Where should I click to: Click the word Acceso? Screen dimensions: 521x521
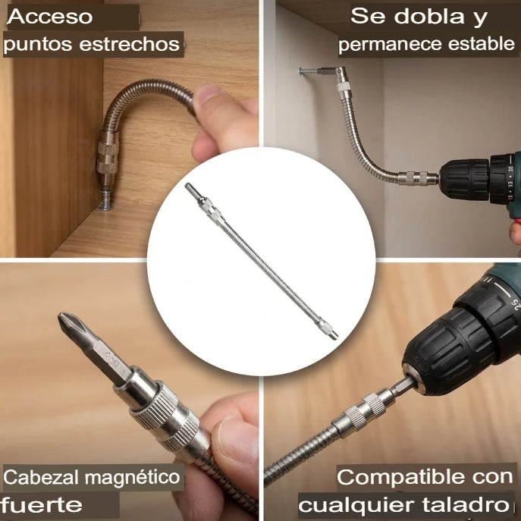tap(50, 17)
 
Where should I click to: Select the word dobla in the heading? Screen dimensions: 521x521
tap(429, 16)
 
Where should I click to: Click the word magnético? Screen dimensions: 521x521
tap(132, 477)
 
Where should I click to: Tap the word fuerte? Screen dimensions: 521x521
tap(41, 505)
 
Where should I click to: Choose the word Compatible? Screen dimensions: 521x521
tap(400, 477)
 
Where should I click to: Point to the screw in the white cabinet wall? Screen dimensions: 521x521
tap(308, 71)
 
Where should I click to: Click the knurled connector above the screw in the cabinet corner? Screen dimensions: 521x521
tap(108, 157)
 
